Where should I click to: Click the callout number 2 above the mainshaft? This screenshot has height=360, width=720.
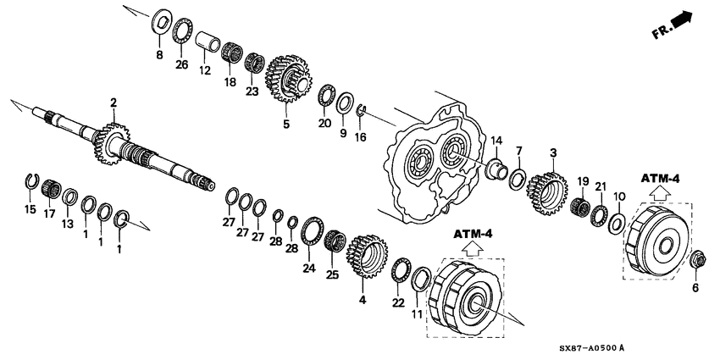(112, 103)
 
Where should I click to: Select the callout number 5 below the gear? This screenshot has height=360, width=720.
(285, 125)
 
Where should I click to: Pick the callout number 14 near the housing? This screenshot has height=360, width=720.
(496, 140)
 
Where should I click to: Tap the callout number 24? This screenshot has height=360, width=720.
(309, 269)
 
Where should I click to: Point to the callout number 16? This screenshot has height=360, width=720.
(360, 136)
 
